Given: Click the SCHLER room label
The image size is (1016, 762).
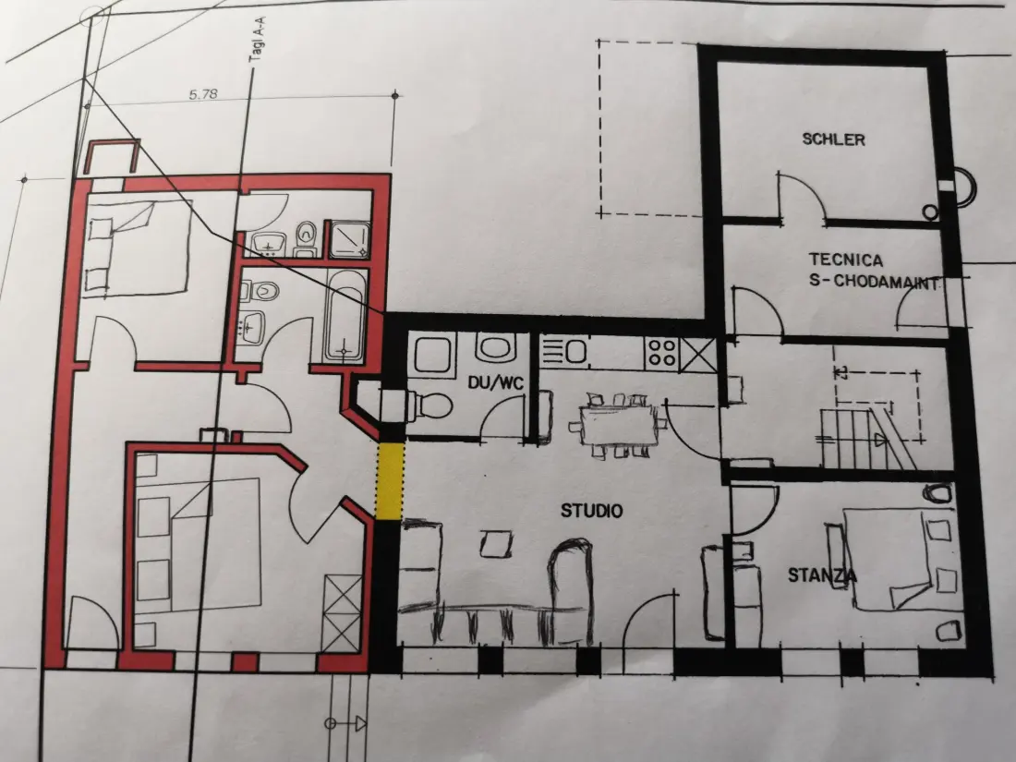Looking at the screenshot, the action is pos(833,139).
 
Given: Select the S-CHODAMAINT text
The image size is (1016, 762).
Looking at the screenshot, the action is pos(874,282).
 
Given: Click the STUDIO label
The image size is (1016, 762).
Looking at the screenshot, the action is pos(591,511).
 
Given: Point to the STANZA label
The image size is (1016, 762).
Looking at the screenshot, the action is pos(822,575).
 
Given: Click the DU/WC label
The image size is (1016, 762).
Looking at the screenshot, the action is pos(495,383).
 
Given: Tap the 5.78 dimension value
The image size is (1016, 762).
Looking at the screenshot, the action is pos(203,94).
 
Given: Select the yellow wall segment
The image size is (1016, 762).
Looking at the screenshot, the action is pos(390,481).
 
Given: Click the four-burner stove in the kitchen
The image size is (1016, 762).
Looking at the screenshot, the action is pos(661,353).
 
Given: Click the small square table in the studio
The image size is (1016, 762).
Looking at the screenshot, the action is pos(496,544).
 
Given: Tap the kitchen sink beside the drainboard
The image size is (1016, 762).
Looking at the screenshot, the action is pos(576,352).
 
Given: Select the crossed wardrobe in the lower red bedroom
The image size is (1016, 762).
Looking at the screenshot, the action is pos(343,613).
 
